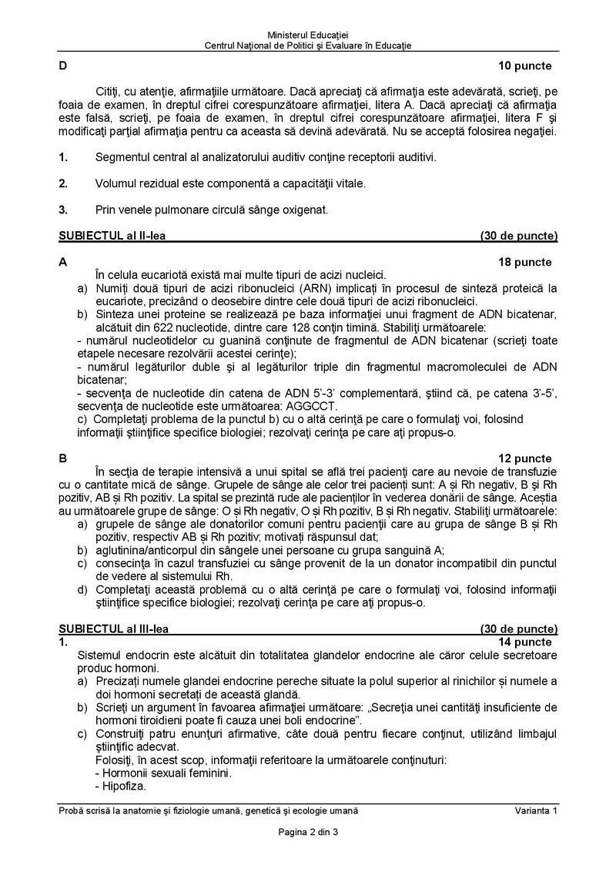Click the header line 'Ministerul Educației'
click(x=308, y=35)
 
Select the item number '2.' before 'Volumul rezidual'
click(x=63, y=183)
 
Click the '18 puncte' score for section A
click(x=525, y=262)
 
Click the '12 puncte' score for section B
click(x=525, y=458)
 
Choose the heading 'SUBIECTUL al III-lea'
click(x=113, y=629)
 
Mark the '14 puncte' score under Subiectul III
click(x=525, y=642)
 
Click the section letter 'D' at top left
click(x=62, y=65)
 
